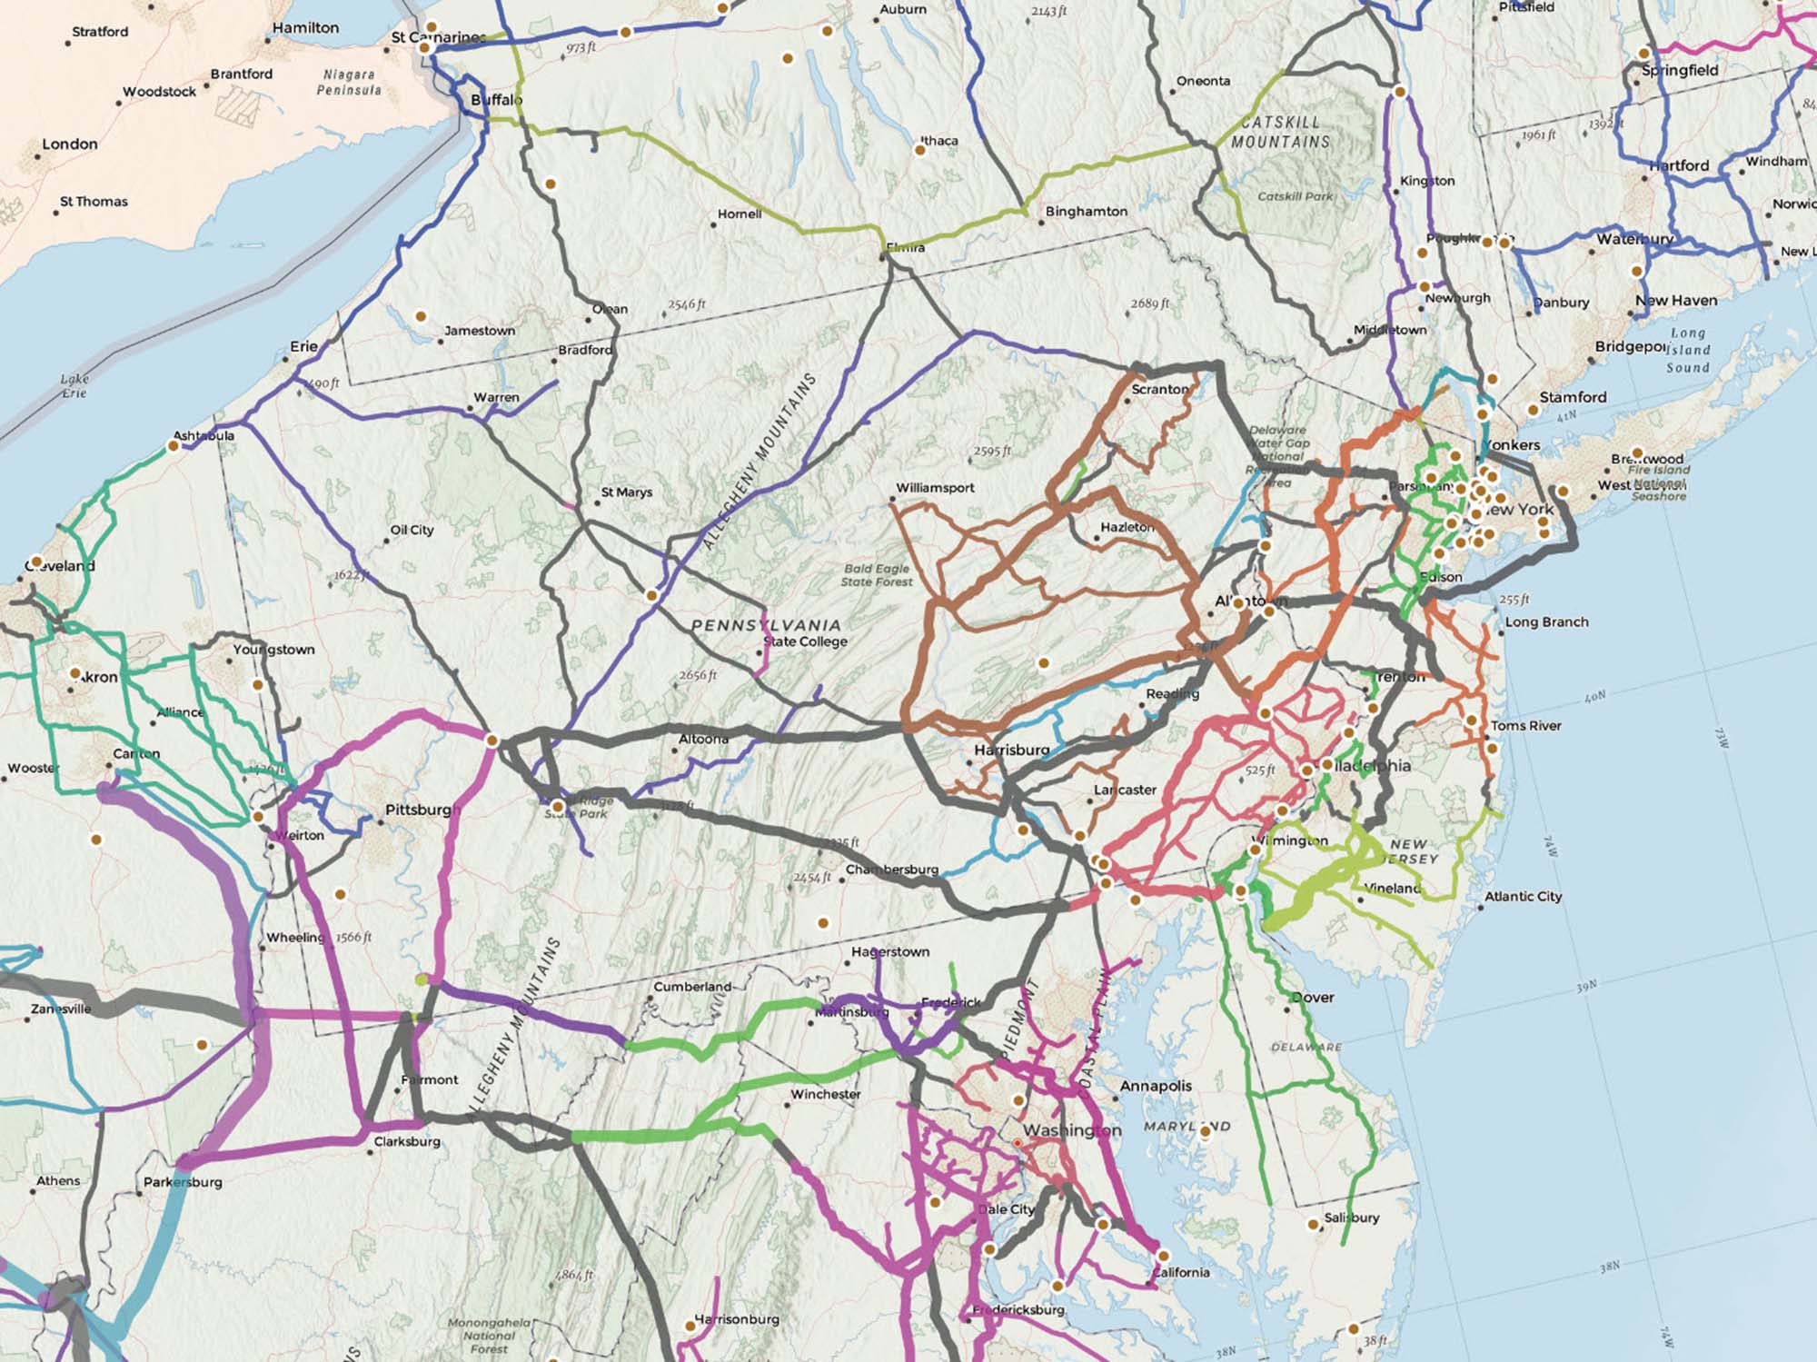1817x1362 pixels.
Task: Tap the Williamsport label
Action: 935,488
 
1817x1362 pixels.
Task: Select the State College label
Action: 805,641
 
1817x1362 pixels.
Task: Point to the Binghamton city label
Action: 1086,212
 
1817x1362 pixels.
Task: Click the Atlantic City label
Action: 1523,897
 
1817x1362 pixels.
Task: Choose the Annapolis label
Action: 1156,1086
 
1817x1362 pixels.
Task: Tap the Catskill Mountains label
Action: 1280,133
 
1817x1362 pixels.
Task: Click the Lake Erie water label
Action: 74,386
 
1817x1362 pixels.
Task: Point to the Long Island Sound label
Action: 1688,351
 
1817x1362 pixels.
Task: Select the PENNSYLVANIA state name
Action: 766,625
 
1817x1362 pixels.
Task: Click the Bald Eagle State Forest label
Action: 876,575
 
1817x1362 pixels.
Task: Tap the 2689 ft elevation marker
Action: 1149,303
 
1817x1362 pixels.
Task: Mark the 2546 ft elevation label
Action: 686,305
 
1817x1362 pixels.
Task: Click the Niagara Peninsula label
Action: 349,83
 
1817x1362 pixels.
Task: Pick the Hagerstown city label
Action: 889,952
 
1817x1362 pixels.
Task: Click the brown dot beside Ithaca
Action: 919,150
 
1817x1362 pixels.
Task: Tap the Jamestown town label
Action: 479,331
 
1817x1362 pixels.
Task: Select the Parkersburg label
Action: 183,1183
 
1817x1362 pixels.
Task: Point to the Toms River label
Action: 1525,726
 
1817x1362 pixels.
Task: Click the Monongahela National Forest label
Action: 489,1336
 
